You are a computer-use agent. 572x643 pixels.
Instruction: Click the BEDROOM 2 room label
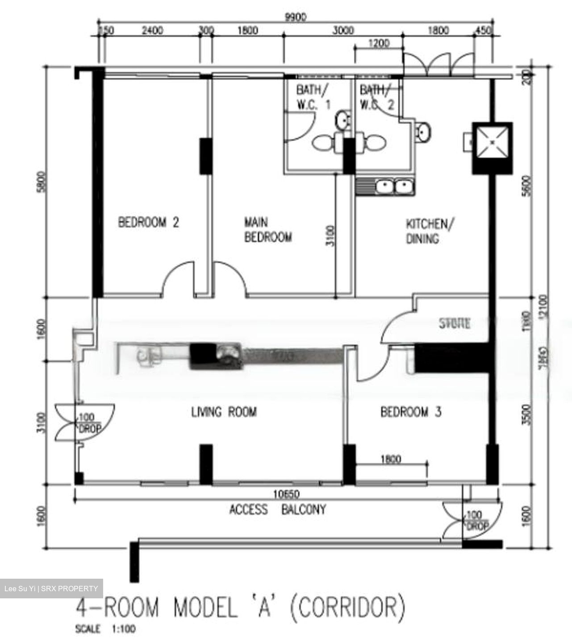pos(148,222)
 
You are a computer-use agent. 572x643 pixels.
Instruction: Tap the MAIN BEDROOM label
pos(268,230)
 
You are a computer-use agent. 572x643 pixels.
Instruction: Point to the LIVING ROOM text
pos(224,411)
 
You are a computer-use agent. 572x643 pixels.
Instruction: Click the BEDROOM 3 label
pos(410,411)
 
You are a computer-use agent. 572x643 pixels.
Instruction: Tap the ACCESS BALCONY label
pos(277,509)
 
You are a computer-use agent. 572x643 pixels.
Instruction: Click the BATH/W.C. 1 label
pos(313,97)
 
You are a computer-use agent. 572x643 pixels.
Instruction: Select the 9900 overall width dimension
pos(296,17)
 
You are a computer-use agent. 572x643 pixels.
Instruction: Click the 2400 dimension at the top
pos(152,30)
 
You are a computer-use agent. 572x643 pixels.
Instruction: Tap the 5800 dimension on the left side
pos(41,182)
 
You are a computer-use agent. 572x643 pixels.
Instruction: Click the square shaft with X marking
pos(492,142)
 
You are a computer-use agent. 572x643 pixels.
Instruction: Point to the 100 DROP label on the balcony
pos(477,521)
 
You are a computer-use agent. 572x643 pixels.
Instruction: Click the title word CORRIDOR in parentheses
pos(348,607)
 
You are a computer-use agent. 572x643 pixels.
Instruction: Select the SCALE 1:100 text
pos(105,629)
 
